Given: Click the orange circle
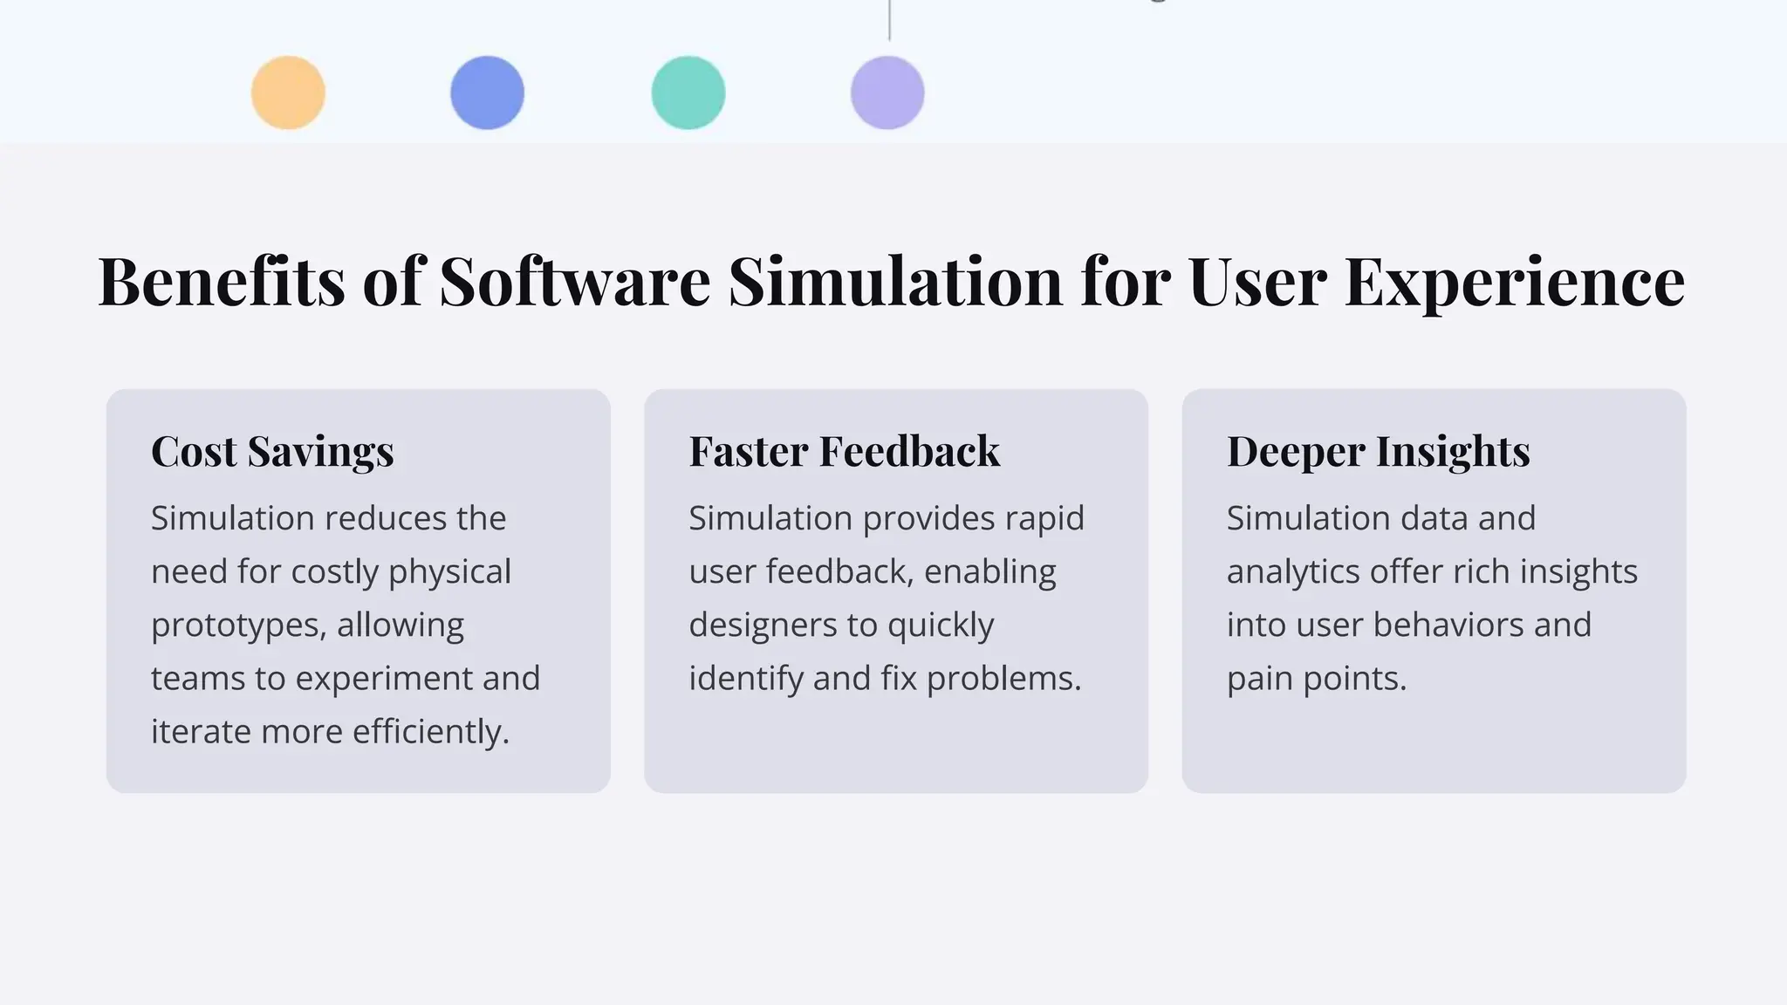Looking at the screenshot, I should (288, 92).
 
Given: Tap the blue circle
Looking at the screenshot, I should (487, 92).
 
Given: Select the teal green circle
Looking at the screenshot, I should (688, 92).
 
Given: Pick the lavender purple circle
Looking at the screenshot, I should (887, 92).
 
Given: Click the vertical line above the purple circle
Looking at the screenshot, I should (889, 19).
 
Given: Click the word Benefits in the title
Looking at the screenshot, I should (222, 282).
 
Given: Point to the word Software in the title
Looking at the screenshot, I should (574, 282).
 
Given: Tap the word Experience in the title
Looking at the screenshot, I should (1514, 282).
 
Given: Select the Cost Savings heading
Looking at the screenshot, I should (272, 451).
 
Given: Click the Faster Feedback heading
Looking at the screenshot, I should (844, 451).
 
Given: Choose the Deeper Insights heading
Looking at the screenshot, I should (1378, 451).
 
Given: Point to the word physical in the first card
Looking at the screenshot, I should (449, 572).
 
